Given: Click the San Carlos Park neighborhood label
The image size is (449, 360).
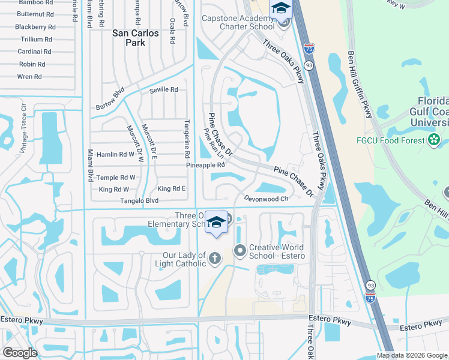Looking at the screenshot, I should [x=136, y=38].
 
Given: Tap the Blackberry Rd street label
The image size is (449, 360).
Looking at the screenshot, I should [x=35, y=27].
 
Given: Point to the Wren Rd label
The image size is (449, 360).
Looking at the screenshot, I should [x=29, y=77].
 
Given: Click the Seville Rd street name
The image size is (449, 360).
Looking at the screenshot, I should [x=164, y=90].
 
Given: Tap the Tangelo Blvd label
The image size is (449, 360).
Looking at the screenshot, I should [x=139, y=201].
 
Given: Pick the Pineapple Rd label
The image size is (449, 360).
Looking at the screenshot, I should [x=205, y=165].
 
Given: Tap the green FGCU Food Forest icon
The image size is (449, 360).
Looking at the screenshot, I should [x=434, y=140].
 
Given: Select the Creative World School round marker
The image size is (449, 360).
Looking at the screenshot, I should [x=240, y=250].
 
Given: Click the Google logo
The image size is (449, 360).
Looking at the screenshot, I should [x=20, y=353].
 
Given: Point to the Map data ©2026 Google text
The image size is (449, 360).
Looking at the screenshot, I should [x=412, y=355].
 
